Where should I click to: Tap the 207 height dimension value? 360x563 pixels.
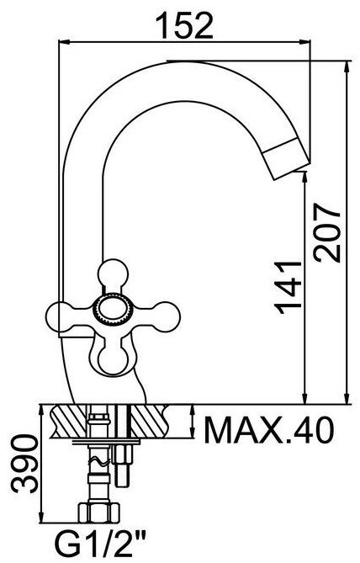tap(326, 232)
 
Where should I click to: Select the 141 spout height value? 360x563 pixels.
tap(288, 287)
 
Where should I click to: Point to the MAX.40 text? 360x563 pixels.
tap(269, 429)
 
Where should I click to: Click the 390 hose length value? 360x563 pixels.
tap(24, 463)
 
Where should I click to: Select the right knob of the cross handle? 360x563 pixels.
tap(166, 316)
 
